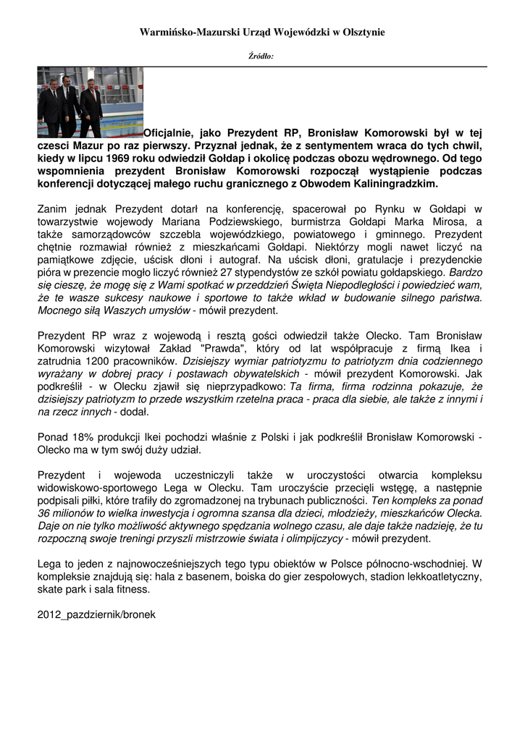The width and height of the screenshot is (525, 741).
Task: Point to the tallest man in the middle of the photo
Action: click(70, 101)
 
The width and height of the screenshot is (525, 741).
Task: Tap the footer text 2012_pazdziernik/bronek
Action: click(96, 614)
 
